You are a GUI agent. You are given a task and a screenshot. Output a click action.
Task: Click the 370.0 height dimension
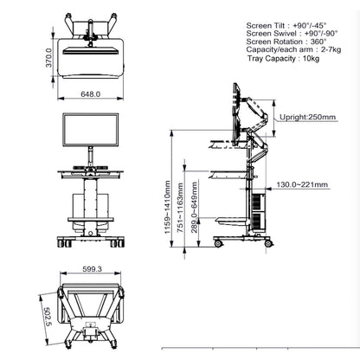tap(49, 58)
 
